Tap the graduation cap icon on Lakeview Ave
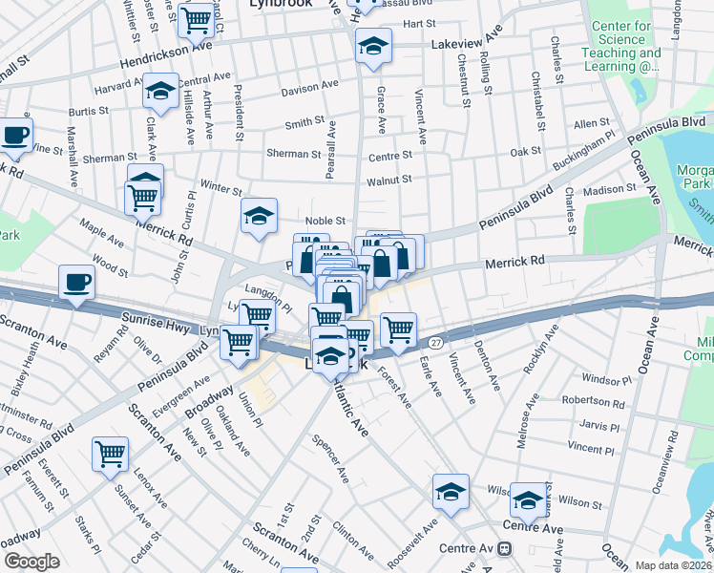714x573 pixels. click(x=373, y=45)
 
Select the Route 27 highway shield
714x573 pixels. click(x=435, y=342)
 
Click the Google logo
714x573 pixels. click(x=31, y=562)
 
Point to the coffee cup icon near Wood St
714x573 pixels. click(x=76, y=282)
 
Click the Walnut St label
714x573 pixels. click(x=388, y=179)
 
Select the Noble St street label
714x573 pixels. click(x=324, y=221)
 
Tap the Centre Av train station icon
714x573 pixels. click(x=504, y=548)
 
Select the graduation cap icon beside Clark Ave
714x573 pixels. click(x=160, y=91)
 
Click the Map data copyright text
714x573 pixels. click(x=675, y=565)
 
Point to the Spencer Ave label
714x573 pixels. click(x=331, y=457)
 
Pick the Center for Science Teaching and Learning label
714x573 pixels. click(x=625, y=47)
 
